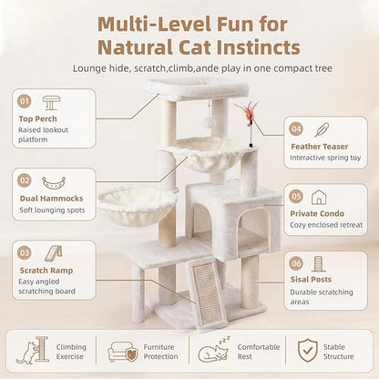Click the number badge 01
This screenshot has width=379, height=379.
tap(25, 101)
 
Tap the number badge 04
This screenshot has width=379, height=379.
tap(296, 128)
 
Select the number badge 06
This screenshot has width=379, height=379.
tap(296, 263)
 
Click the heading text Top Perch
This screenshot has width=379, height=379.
tap(37, 118)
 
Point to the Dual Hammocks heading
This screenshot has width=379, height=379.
tap(51, 199)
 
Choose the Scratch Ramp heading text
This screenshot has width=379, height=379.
tap(46, 271)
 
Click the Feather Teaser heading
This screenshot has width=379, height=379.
tap(320, 147)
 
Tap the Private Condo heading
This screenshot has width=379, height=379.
tap(317, 213)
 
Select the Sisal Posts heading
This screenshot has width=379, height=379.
tap(311, 279)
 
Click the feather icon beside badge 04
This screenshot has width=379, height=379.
tap(322, 129)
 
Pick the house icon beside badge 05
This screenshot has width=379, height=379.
tap(319, 197)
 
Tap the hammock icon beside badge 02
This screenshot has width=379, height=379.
tap(54, 183)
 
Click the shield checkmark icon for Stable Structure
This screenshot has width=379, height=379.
tap(308, 351)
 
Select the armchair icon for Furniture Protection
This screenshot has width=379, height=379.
tap(123, 352)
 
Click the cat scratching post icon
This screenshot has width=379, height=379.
tap(33, 350)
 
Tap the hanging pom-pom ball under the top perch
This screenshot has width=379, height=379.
tap(209, 121)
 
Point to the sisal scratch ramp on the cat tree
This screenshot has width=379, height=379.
tap(208, 294)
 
